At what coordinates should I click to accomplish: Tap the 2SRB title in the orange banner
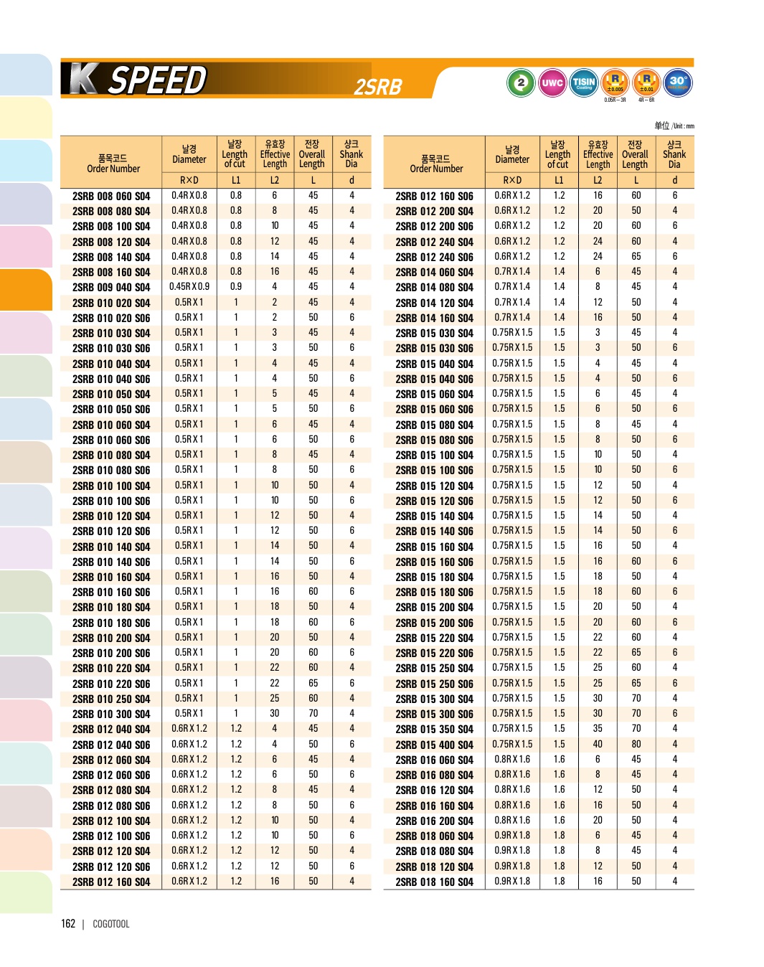click(378, 87)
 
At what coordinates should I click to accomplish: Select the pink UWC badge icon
click(552, 82)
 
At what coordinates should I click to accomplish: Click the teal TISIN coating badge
click(584, 82)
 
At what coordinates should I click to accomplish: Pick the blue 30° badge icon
click(677, 82)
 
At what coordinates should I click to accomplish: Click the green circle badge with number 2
click(521, 82)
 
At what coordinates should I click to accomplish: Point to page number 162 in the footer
click(68, 924)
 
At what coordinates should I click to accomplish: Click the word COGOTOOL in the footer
click(111, 924)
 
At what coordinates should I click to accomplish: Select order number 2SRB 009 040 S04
click(111, 288)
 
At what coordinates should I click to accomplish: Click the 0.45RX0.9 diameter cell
click(189, 287)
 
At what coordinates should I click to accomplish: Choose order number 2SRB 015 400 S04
click(434, 745)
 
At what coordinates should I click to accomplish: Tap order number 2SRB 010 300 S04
click(111, 714)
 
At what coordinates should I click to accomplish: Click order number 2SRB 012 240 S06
click(434, 257)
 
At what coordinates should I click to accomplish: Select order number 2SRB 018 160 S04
click(434, 882)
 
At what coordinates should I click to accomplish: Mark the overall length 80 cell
click(636, 745)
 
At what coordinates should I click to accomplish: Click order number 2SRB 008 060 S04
click(111, 196)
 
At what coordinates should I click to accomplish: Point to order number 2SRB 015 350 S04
click(434, 730)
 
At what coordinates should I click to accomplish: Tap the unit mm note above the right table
click(674, 126)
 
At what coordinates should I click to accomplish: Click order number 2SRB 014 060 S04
click(434, 273)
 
